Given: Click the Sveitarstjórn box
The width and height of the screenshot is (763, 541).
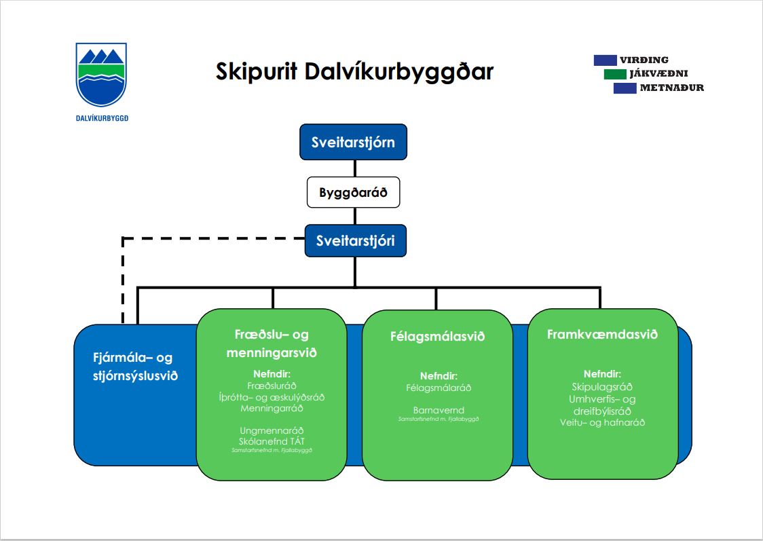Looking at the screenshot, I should point(353,142).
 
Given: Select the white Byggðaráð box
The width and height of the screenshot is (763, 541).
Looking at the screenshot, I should point(353,193).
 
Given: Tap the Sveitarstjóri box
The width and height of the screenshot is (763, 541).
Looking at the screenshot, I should point(355,240).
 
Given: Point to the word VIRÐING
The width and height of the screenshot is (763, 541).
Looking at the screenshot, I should point(644,60).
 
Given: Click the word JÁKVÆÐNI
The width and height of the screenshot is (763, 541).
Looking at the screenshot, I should point(659,73).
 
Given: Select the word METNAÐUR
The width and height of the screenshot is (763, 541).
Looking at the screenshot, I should point(671,88).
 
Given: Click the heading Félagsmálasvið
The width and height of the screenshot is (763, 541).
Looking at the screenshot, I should point(438,336).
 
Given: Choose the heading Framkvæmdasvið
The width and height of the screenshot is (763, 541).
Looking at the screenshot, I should point(602,335).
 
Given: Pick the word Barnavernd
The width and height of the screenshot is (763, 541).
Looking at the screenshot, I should point(439,410).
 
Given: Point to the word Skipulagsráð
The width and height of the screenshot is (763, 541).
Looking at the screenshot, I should point(602,387).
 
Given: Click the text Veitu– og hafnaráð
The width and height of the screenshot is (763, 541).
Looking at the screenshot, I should point(602,422).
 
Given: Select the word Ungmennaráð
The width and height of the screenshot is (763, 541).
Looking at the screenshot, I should point(272,430).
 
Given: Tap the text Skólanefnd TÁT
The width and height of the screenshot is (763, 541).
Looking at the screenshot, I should point(272,441).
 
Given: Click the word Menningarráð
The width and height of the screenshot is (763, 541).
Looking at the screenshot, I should point(272,409).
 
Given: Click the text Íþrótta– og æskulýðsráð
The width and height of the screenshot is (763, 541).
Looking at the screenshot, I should point(272,398).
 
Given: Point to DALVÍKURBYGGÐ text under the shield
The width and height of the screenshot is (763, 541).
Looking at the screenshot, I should point(102,117).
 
